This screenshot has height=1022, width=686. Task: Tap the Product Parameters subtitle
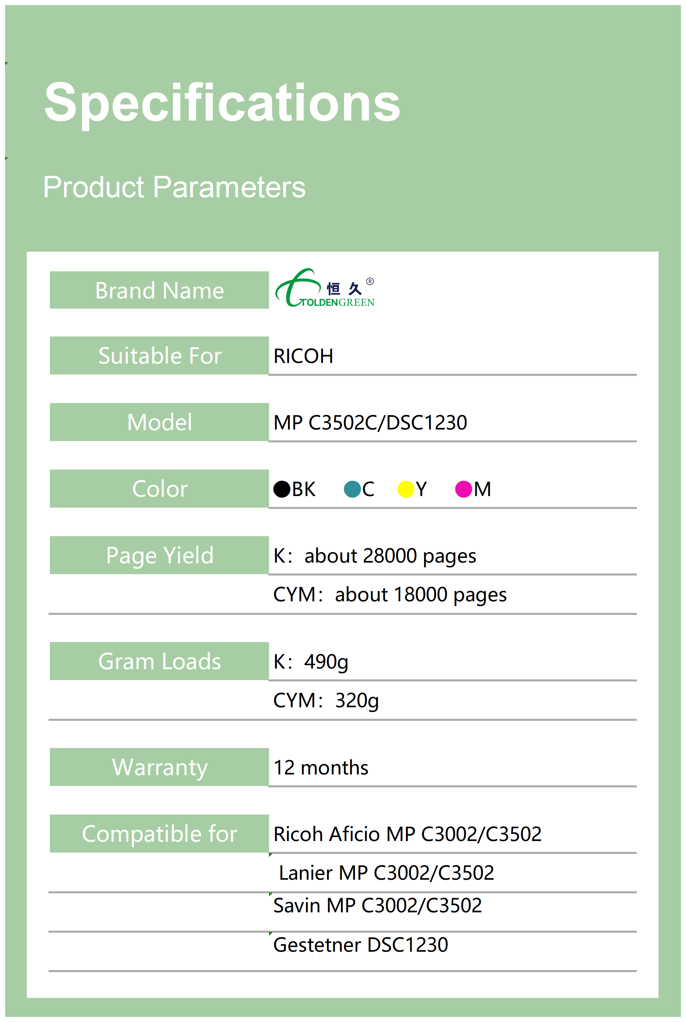[x=174, y=187]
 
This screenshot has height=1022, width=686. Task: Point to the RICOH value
[x=303, y=356]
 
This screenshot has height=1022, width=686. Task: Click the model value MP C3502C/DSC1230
[x=370, y=422]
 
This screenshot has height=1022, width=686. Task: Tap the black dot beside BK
[x=282, y=489]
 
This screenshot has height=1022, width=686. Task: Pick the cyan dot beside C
[x=352, y=489]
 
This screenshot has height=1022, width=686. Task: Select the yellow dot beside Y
[x=405, y=489]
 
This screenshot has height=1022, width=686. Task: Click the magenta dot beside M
[x=464, y=489]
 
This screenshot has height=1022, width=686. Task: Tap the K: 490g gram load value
[x=311, y=662]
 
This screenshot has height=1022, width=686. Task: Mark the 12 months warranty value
[x=321, y=768]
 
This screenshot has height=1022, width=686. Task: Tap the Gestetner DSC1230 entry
[x=361, y=945]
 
